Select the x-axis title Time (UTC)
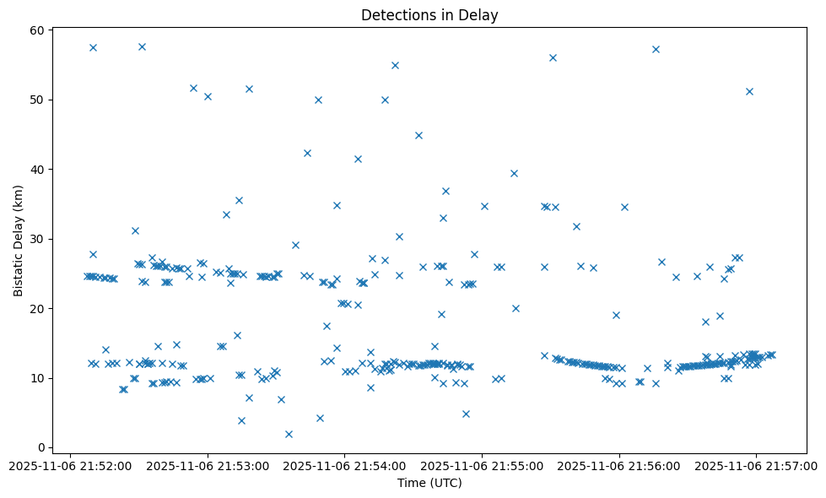coord(429,484)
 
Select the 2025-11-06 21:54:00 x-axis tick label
coord(345,465)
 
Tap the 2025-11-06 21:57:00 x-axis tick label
coord(757,465)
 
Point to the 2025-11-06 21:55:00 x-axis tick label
coord(483,465)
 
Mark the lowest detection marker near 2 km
coord(289,434)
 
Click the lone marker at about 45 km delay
coord(418,135)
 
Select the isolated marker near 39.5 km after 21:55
coord(514,173)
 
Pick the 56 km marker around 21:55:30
coord(553,57)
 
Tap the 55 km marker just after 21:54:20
coord(395,65)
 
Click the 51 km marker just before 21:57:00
coord(749,91)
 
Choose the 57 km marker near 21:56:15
coord(656,49)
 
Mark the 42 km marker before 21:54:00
coord(307,153)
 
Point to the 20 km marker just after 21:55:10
coord(516,308)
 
